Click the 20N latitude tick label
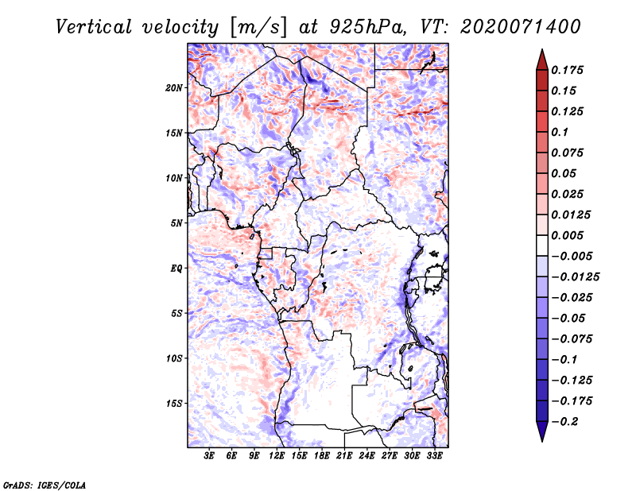pos(174,87)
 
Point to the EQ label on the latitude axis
pos(176,269)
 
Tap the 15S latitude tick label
pos(174,404)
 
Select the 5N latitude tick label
pos(176,223)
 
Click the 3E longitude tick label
pos(210,456)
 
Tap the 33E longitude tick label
pos(434,456)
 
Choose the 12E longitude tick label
pos(277,456)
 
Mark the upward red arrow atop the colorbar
pos(541,58)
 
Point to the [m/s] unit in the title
pos(258,26)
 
